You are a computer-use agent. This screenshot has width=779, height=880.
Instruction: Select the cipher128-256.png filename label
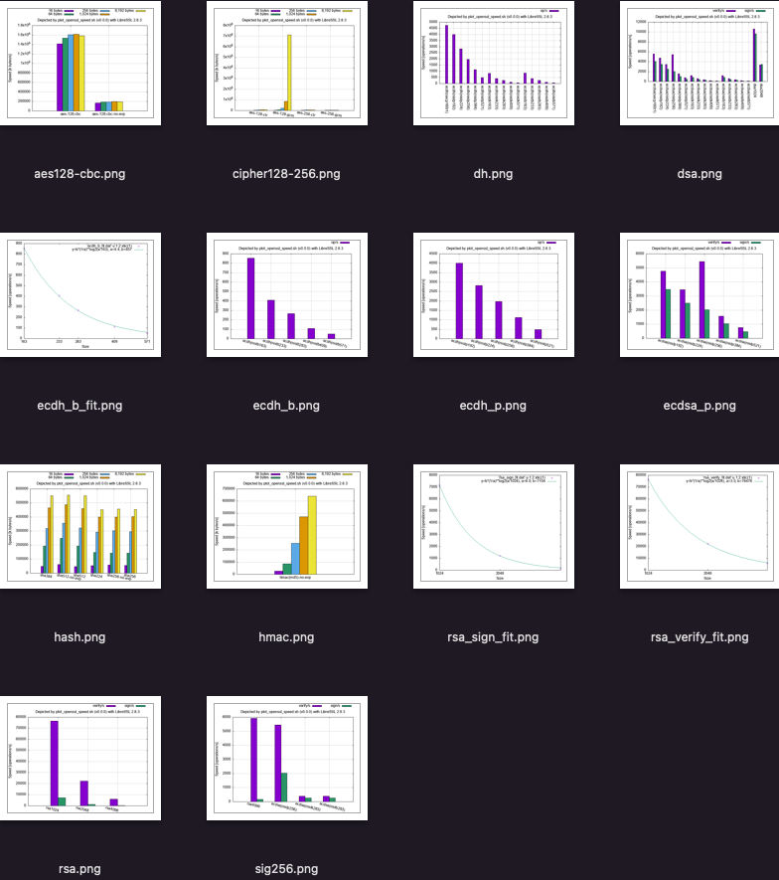[286, 174]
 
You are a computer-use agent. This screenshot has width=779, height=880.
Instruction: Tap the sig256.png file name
[286, 869]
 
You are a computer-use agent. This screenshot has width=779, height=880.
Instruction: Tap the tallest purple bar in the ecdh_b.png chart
[251, 298]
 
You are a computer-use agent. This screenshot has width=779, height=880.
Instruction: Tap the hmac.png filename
[286, 637]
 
